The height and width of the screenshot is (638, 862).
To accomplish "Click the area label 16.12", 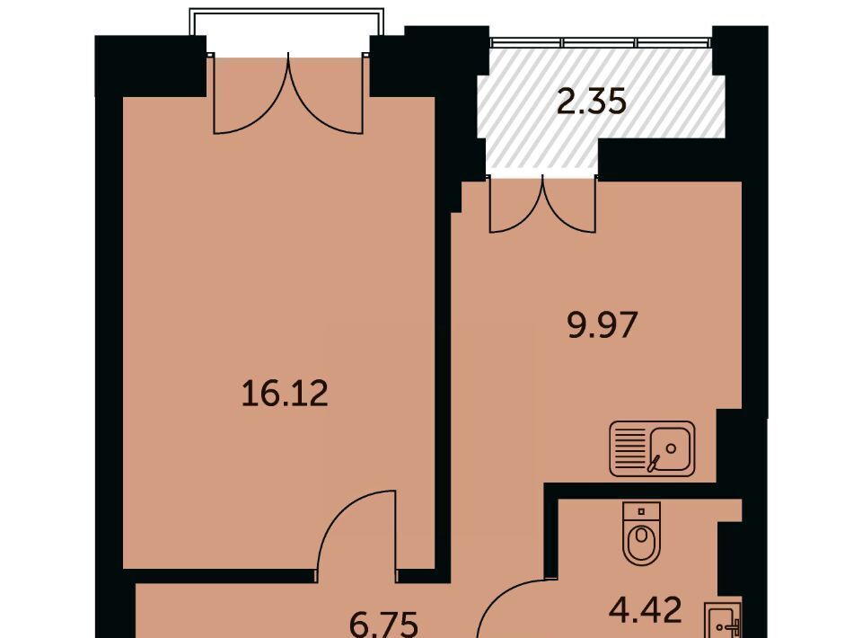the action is pyautogui.click(x=285, y=394).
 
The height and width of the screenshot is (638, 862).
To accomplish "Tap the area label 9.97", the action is pyautogui.click(x=602, y=324).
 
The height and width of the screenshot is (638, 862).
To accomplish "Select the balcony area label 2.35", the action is pyautogui.click(x=592, y=102).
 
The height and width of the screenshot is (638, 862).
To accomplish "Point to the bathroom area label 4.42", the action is pyautogui.click(x=646, y=609).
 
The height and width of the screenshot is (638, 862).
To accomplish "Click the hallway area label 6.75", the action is pyautogui.click(x=384, y=625).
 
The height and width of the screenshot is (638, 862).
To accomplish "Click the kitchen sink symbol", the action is pyautogui.click(x=652, y=448).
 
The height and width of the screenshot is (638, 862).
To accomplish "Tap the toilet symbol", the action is pyautogui.click(x=641, y=532).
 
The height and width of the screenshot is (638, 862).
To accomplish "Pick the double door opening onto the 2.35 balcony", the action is pyautogui.click(x=542, y=204).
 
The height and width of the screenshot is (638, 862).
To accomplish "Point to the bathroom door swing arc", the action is pyautogui.click(x=510, y=599).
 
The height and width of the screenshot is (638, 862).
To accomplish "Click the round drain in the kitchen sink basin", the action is pyautogui.click(x=671, y=448).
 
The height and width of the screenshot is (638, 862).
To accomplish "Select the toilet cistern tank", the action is pyautogui.click(x=641, y=511).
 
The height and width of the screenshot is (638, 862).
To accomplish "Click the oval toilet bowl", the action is pyautogui.click(x=641, y=543).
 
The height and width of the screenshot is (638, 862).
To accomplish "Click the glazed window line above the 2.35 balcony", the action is pyautogui.click(x=601, y=42).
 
